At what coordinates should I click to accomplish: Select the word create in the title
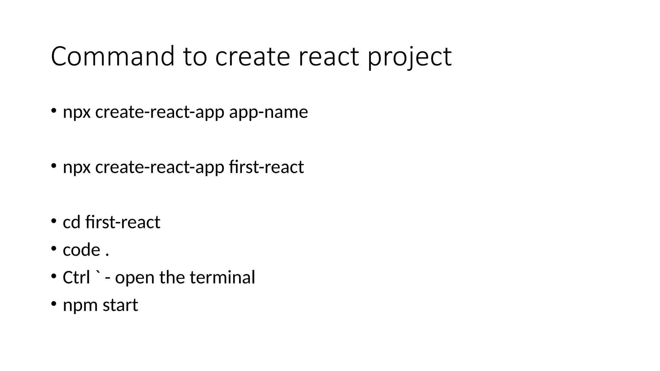(x=252, y=57)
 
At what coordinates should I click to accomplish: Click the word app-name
(x=268, y=112)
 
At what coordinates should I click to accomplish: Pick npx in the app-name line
(x=77, y=113)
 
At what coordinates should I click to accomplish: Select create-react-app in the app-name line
(x=160, y=112)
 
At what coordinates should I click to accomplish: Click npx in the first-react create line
(x=77, y=168)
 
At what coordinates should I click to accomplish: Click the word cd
(x=72, y=222)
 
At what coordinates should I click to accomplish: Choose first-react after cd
(x=123, y=222)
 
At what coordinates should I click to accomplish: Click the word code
(x=82, y=250)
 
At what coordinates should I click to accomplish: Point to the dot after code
(x=107, y=255)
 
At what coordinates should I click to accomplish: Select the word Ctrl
(x=76, y=277)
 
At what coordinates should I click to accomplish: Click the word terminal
(x=222, y=277)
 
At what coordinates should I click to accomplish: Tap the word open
(x=135, y=278)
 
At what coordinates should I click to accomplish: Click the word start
(x=120, y=305)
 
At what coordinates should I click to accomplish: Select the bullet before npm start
(x=53, y=304)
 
